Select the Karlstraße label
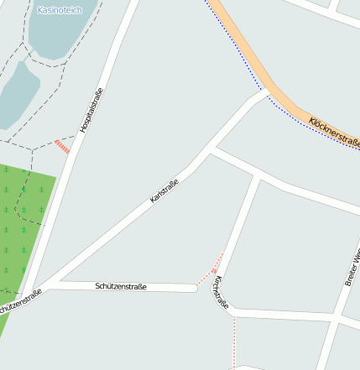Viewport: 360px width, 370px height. click(x=164, y=191)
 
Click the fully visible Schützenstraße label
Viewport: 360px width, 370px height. click(x=121, y=287)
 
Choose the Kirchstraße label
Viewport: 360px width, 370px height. click(x=221, y=293)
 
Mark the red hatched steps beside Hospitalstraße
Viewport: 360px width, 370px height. click(x=62, y=146)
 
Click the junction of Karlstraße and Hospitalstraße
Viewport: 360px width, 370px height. click(x=38, y=288)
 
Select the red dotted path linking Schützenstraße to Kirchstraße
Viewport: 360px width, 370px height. click(x=209, y=270)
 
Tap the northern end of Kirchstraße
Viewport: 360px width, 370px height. click(x=255, y=175)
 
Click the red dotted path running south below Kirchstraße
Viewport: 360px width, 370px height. click(x=234, y=340)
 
